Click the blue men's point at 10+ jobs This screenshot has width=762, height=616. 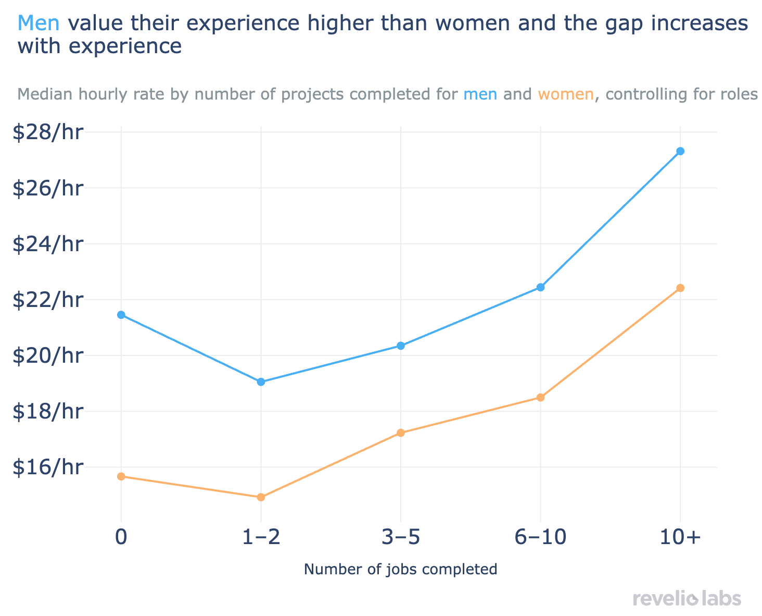680,151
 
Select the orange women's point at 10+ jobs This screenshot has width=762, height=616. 680,288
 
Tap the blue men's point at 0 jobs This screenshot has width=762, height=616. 121,315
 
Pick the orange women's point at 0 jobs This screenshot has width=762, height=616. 121,476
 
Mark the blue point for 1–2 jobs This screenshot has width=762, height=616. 261,382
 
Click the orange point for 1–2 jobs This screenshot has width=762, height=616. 261,497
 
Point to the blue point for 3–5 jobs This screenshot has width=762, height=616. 401,346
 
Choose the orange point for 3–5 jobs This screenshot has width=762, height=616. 401,433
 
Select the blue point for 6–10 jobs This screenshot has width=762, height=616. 540,287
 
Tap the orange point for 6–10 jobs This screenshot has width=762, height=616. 540,398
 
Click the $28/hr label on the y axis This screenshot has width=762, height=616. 48,132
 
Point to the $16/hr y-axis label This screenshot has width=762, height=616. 48,467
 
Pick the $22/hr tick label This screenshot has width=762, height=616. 48,300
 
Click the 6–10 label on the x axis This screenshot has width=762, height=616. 540,538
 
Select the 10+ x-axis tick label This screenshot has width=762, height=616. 680,538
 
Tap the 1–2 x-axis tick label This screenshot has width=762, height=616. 261,538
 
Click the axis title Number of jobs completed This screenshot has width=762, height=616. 400,569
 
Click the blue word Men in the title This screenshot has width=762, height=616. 41,23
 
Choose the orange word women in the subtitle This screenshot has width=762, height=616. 565,94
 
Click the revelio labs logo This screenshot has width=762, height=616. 687,598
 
